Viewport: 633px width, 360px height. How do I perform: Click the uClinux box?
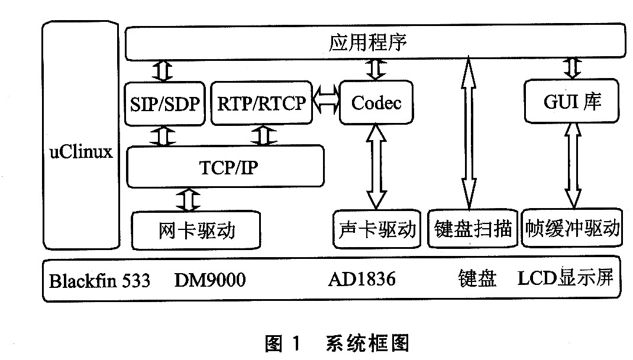(x=80, y=151)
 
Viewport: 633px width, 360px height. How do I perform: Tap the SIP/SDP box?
(x=164, y=103)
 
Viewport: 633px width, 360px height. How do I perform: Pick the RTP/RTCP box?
(x=261, y=103)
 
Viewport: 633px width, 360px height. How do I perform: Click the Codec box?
(x=376, y=103)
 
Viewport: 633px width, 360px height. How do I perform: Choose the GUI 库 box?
(x=572, y=102)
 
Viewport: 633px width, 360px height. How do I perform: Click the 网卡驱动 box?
(x=196, y=229)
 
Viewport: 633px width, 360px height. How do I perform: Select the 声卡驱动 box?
(x=377, y=228)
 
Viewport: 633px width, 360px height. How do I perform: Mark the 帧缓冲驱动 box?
(x=572, y=228)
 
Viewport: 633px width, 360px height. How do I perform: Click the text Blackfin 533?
(x=99, y=280)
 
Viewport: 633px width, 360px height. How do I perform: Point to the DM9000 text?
(x=209, y=280)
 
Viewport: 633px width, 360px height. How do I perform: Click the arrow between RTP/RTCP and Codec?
(x=325, y=103)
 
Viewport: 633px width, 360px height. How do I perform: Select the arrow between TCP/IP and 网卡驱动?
(x=189, y=200)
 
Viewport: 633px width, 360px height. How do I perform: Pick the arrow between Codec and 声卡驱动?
(x=376, y=166)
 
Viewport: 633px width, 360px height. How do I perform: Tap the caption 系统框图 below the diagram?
(x=367, y=343)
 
